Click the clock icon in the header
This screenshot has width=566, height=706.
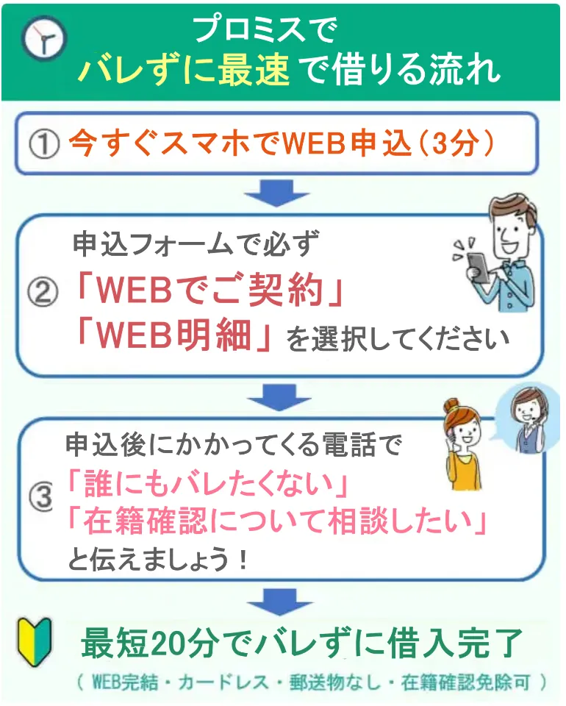[x=43, y=38]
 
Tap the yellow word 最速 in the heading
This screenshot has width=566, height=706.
[x=254, y=71]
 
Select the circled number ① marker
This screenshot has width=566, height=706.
[x=44, y=145]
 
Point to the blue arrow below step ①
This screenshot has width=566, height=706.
[x=276, y=193]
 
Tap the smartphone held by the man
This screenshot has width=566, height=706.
[x=477, y=267]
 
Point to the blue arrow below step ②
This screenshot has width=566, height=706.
[x=279, y=397]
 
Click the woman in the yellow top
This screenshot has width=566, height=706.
[x=462, y=445]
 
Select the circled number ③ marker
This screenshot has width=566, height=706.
[x=41, y=496]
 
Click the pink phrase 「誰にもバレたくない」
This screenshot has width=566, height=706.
[x=207, y=485]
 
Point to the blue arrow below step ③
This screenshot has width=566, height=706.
[x=279, y=602]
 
